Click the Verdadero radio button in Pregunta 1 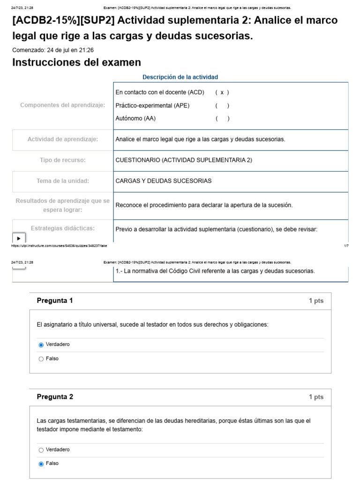tap(41, 345)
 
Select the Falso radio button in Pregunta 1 tap(41, 359)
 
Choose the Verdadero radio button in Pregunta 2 tap(41, 450)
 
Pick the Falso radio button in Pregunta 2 tap(41, 464)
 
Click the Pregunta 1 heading tap(55, 301)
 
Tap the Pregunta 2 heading tap(55, 397)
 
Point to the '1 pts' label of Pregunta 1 tap(316, 301)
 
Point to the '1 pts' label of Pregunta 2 tap(316, 397)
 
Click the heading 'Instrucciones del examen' tap(76, 62)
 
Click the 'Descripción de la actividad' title tap(180, 77)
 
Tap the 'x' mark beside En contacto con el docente tap(222, 92)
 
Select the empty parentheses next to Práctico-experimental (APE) tap(222, 105)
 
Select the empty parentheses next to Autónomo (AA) tap(222, 119)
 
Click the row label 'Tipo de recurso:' tap(62, 160)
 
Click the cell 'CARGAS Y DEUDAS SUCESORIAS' tap(163, 181)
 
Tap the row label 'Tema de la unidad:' tap(62, 181)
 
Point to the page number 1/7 tap(346, 245)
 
